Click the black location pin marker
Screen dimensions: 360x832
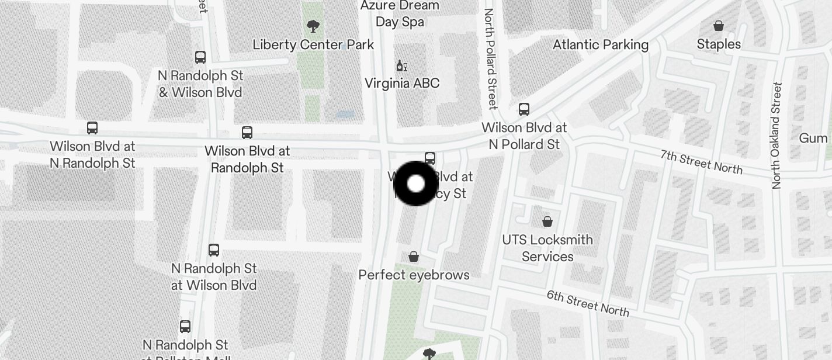tap(415, 184)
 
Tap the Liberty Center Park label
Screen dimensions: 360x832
tap(313, 44)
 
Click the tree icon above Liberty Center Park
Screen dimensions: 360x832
tap(313, 26)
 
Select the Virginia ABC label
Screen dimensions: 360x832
tap(402, 83)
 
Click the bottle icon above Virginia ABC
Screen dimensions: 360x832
tap(401, 65)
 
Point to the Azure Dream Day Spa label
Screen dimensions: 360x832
tap(400, 13)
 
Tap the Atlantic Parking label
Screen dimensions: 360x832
tap(601, 44)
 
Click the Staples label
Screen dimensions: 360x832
tap(719, 44)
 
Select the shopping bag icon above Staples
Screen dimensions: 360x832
tap(719, 26)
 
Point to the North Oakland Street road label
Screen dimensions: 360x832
tap(776, 136)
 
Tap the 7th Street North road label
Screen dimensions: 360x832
tap(701, 162)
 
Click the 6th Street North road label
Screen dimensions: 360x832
tap(588, 302)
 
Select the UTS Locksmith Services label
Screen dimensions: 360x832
tap(547, 248)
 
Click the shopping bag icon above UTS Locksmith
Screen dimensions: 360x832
tap(547, 221)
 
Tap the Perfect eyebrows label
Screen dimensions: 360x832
tap(414, 275)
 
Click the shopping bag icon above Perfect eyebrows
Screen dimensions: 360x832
tap(414, 257)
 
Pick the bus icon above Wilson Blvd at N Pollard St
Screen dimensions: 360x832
tap(524, 109)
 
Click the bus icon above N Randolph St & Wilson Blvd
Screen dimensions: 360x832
tap(200, 57)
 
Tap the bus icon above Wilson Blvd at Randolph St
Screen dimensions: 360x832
tap(247, 133)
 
